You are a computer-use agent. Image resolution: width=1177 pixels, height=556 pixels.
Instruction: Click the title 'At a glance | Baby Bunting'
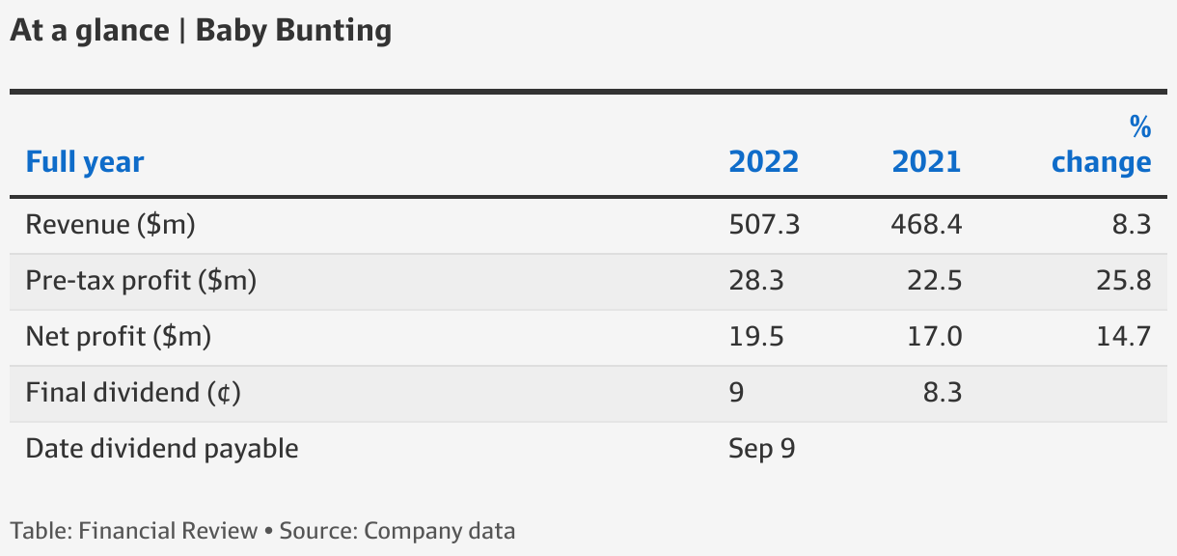coord(201,31)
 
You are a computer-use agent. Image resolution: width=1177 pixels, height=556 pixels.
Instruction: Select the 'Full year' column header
coord(85,162)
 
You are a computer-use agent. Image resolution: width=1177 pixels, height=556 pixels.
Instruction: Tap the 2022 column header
coord(763,162)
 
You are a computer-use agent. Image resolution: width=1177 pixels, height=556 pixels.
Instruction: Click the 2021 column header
coord(926,162)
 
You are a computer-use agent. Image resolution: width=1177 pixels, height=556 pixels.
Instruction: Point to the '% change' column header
coord(1102,145)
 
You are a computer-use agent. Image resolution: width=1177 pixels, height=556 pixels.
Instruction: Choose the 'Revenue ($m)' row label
coord(111,226)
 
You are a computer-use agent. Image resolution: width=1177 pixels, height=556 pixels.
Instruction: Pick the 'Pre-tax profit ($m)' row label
coord(141,282)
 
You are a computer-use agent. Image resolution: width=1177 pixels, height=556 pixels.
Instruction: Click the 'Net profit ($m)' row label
coord(119,337)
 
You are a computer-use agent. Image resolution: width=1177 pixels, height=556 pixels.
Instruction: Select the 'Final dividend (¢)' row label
coord(133,393)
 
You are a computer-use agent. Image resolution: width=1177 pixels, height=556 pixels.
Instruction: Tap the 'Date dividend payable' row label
coord(162,449)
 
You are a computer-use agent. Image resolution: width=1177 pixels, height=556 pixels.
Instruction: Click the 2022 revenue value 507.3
coord(764,226)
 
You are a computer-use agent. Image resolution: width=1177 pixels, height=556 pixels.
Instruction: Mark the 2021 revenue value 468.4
coord(926,226)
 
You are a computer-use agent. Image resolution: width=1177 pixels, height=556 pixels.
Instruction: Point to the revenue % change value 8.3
coord(1131,226)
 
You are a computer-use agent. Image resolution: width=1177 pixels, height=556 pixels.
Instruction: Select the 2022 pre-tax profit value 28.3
coord(756,282)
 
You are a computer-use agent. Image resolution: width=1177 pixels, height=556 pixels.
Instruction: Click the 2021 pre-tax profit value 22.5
coord(935,282)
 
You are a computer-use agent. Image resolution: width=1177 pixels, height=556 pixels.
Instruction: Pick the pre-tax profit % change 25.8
coord(1123,282)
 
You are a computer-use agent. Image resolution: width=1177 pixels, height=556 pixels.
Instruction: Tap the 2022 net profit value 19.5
coord(756,337)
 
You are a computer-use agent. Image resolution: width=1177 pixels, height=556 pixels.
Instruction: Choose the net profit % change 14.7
coord(1123,337)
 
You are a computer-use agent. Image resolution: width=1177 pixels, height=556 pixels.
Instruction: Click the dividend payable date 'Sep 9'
coord(762,449)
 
